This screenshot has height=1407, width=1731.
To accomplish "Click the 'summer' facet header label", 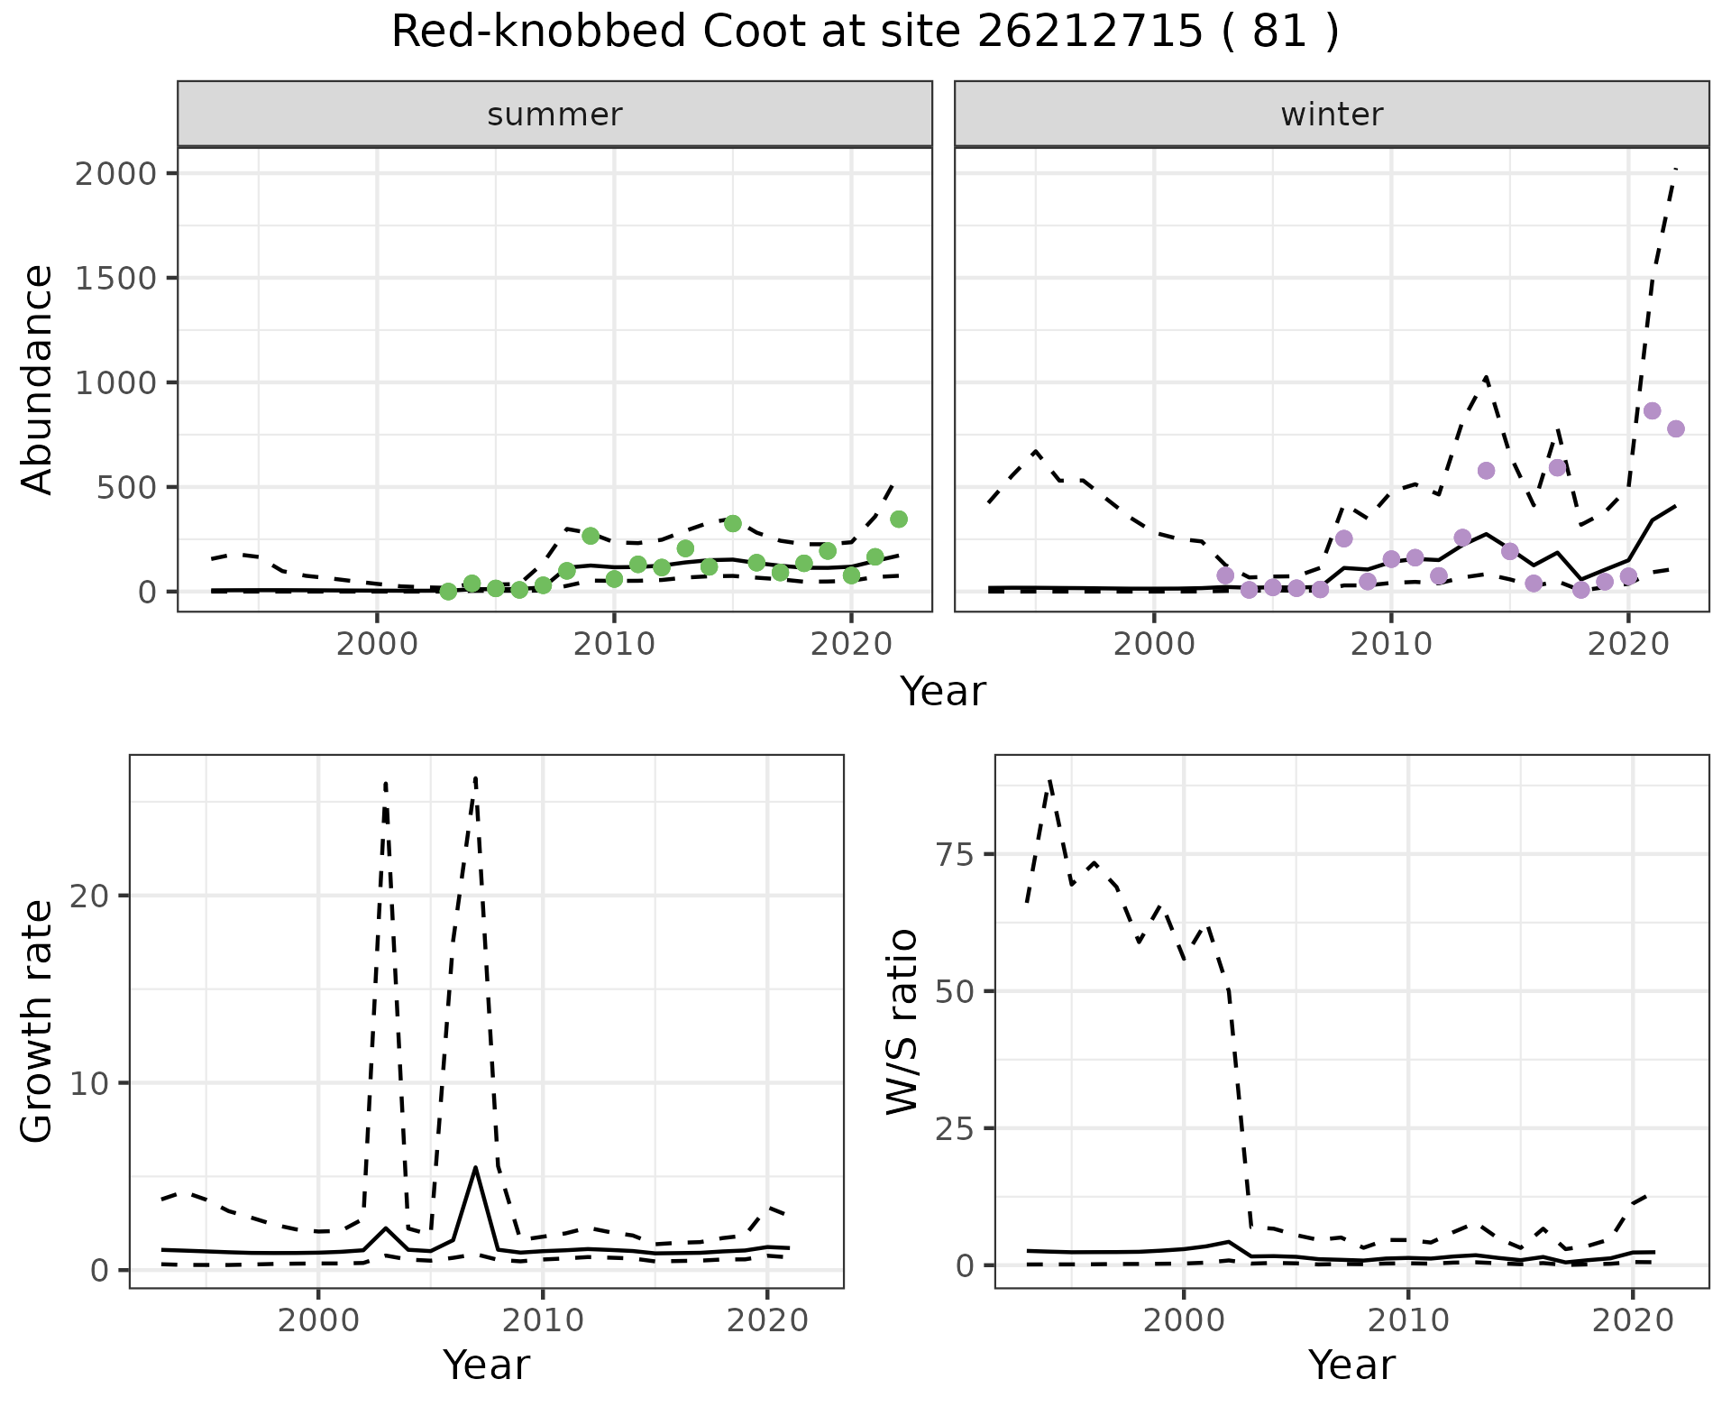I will pyautogui.click(x=554, y=115).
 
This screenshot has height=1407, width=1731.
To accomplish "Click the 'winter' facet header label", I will pyautogui.click(x=1332, y=115).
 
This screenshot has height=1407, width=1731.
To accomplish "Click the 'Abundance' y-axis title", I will pyautogui.click(x=38, y=380).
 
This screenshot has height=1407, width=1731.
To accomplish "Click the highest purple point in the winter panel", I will pyautogui.click(x=1652, y=410).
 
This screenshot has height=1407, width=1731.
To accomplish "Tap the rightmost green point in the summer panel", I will pyautogui.click(x=899, y=519).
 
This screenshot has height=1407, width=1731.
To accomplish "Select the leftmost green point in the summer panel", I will pyautogui.click(x=448, y=592).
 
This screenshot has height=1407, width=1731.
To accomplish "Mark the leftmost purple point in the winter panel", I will pyautogui.click(x=1225, y=575).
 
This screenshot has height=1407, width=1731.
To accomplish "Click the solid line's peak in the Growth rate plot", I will pyautogui.click(x=475, y=1167).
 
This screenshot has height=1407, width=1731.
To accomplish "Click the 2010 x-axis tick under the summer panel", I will pyautogui.click(x=614, y=645).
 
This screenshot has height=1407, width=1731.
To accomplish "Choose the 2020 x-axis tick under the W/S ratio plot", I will pyautogui.click(x=1633, y=1321).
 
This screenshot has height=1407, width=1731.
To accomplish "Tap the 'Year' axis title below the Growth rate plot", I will pyautogui.click(x=486, y=1366).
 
